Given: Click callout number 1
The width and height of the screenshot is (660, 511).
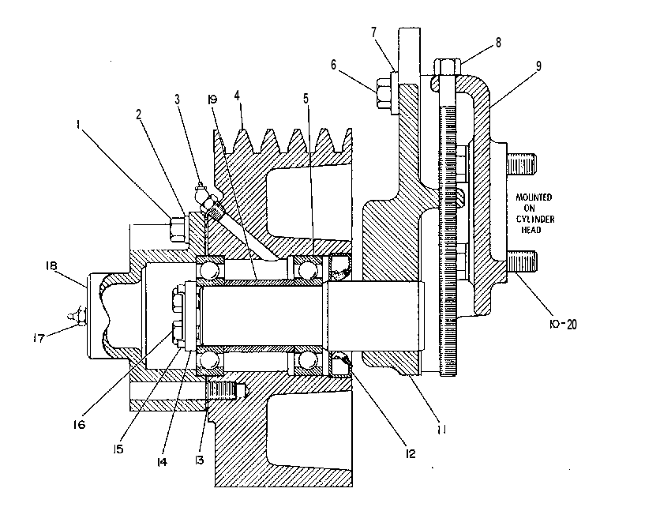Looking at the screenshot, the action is (x=77, y=124).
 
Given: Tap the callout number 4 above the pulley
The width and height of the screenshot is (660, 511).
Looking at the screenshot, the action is (x=238, y=96).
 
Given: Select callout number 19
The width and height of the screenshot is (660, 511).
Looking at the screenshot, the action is (x=212, y=100).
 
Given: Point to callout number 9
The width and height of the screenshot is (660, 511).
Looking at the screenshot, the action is (x=538, y=66).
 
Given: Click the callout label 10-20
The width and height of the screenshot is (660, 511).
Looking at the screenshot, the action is (x=563, y=324).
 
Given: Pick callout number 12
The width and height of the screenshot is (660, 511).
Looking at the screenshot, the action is (x=410, y=453).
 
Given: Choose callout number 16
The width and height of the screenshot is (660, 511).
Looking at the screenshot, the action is (x=79, y=424).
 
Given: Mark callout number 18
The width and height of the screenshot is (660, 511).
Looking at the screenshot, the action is (x=51, y=266).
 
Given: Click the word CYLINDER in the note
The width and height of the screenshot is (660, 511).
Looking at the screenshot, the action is (x=535, y=220).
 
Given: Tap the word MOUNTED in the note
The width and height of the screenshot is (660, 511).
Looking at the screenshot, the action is (x=534, y=197).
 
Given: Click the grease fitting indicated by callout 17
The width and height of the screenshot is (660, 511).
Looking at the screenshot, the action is (x=78, y=316).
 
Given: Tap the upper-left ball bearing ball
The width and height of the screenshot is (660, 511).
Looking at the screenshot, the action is (x=209, y=269).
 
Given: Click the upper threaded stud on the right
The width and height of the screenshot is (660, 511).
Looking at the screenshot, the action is (x=522, y=164).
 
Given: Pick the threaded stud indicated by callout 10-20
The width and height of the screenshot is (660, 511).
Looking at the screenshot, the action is (x=522, y=261).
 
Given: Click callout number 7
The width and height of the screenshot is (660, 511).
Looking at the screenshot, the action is (x=373, y=32).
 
